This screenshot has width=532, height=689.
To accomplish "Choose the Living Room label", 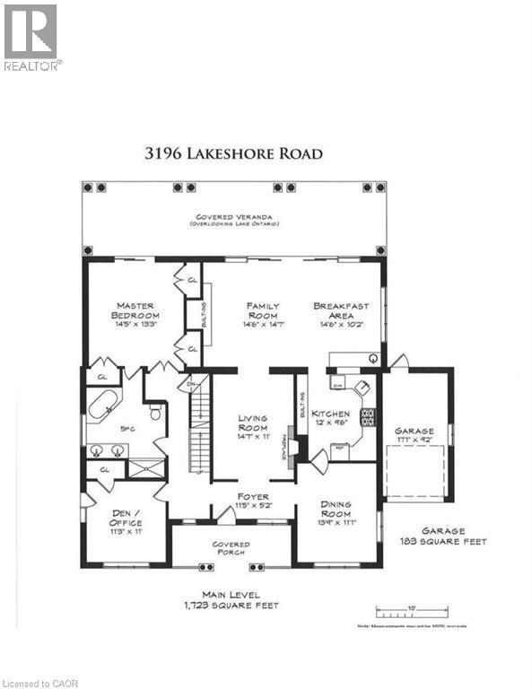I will pyautogui.click(x=254, y=423).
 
